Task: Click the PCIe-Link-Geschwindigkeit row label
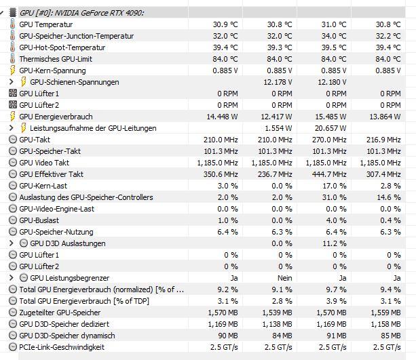coord(62,347)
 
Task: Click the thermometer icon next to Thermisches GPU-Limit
coord(12,59)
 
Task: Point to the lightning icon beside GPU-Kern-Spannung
coord(12,71)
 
